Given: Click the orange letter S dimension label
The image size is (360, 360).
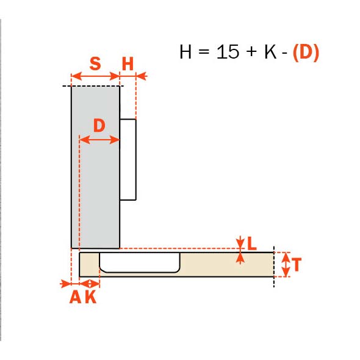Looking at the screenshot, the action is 95,63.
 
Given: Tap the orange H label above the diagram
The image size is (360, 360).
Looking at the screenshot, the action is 128,63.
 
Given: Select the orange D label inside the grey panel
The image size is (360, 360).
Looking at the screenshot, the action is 99,125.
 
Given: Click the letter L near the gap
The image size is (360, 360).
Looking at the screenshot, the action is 252,243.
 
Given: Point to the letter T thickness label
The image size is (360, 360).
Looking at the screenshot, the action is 297,264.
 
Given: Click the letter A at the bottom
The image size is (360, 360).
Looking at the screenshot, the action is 75,297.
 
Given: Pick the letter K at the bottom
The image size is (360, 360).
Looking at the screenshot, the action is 91,297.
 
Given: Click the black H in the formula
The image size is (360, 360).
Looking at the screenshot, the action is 185,52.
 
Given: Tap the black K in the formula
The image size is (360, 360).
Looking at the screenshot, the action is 270,52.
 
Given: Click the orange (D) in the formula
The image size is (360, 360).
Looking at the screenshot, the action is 306,52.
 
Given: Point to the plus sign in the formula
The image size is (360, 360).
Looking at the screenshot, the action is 252,51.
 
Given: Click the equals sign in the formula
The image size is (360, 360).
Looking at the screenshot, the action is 204,51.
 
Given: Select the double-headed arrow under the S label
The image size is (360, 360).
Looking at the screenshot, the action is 96,76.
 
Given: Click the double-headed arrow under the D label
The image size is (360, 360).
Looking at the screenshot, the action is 99,140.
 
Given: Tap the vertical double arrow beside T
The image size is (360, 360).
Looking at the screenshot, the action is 286,264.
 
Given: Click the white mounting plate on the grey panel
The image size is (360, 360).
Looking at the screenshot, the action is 128,160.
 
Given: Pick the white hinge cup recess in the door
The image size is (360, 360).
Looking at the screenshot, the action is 140,262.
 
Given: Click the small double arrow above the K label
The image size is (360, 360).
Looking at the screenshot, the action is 90,284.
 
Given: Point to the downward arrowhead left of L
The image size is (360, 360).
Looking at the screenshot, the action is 240,242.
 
